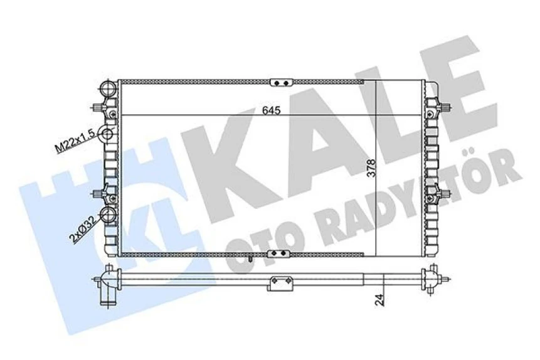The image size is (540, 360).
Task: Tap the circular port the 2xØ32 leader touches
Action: [110, 216]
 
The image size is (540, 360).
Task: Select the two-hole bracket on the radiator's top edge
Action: [281, 82]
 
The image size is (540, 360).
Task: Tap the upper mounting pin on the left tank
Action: [103, 107]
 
